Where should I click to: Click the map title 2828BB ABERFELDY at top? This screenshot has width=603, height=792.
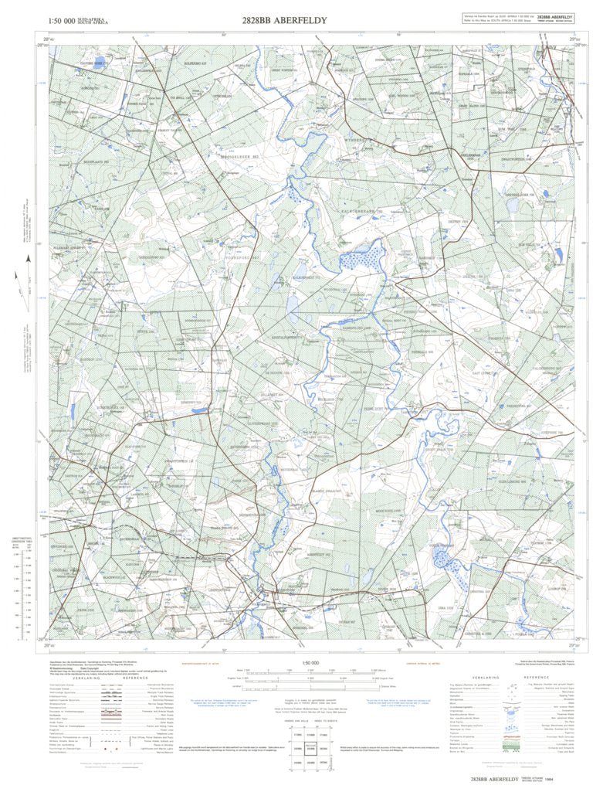tap(284, 20)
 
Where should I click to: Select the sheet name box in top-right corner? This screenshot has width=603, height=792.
tap(554, 17)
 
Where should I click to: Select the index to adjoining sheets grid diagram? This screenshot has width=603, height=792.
tap(313, 743)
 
